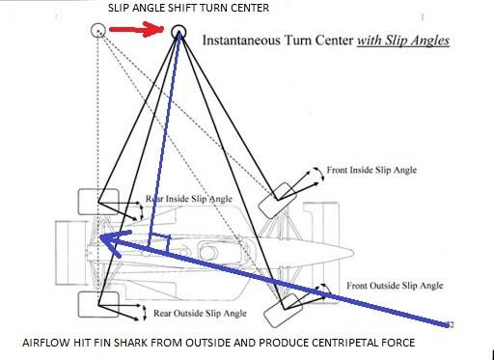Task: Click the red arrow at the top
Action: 137,29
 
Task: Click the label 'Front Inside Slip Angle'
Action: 371,170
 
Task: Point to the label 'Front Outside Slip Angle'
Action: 395,286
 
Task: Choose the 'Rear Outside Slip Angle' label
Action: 200,314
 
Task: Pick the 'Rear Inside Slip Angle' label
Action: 189,199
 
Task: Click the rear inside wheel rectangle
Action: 98,202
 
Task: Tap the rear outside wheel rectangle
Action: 98,304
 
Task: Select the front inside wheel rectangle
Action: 278,200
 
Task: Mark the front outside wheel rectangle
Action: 283,311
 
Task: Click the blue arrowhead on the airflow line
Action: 114,242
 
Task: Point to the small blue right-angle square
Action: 159,242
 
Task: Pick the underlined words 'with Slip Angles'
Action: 403,41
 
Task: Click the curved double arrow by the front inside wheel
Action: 321,175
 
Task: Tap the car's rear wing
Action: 70,253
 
